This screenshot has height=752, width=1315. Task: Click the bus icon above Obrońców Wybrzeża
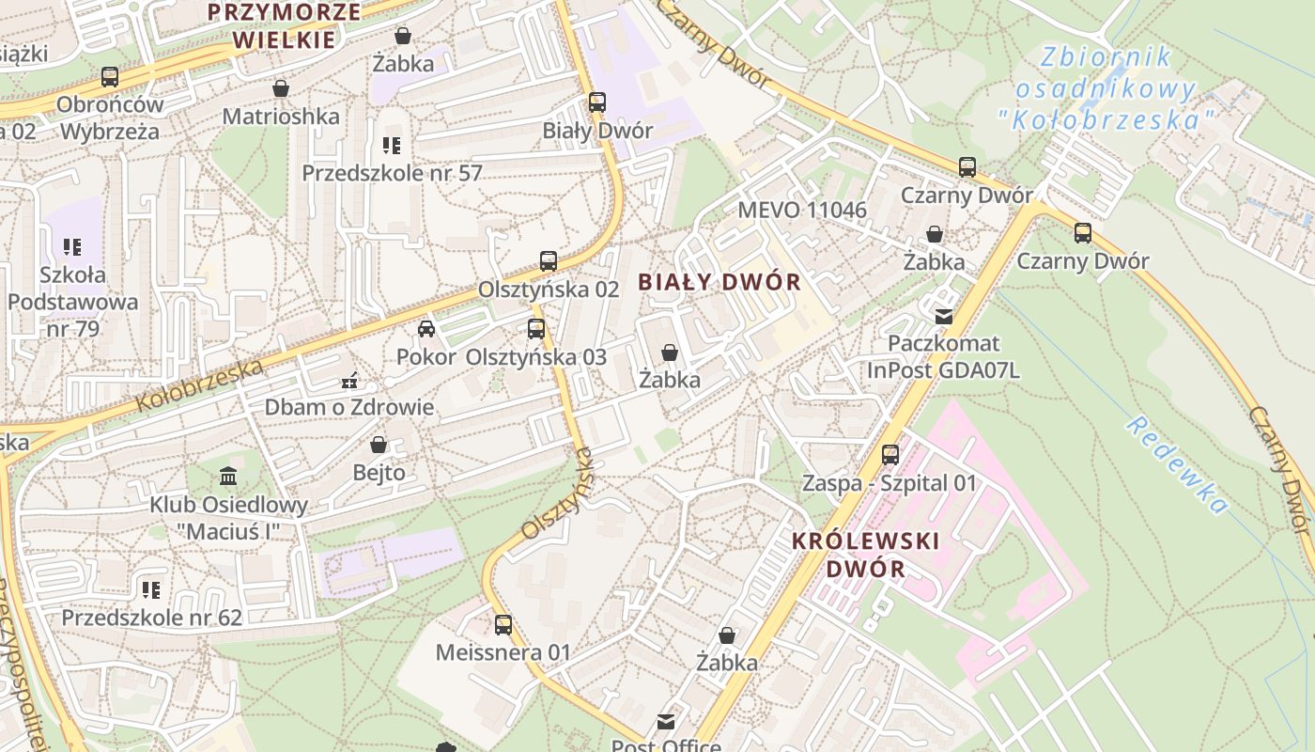[110, 77]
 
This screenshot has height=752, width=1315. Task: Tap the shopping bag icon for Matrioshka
[280, 89]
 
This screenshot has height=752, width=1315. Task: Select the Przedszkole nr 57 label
[392, 173]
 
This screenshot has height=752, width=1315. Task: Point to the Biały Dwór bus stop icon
[597, 102]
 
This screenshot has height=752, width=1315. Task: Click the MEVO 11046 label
[802, 210]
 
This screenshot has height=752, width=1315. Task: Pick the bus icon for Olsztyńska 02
[549, 261]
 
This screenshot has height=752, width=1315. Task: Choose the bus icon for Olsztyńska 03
[536, 329]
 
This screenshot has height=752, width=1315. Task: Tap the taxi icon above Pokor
[426, 329]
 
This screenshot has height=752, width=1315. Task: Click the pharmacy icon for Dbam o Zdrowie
[349, 382]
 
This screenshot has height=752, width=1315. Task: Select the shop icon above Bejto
[379, 445]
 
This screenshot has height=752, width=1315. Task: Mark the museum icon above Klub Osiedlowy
[228, 477]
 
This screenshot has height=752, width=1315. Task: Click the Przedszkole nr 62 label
[152, 618]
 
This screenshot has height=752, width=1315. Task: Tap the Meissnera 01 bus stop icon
[503, 624]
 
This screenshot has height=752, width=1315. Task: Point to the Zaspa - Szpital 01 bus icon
[890, 455]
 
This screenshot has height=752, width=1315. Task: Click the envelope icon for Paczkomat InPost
[944, 316]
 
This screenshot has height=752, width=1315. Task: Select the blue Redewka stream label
[1178, 465]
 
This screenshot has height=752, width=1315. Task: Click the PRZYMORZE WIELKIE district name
[284, 25]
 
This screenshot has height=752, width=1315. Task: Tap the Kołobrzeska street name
[199, 385]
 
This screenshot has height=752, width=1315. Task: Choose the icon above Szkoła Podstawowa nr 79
[72, 247]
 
